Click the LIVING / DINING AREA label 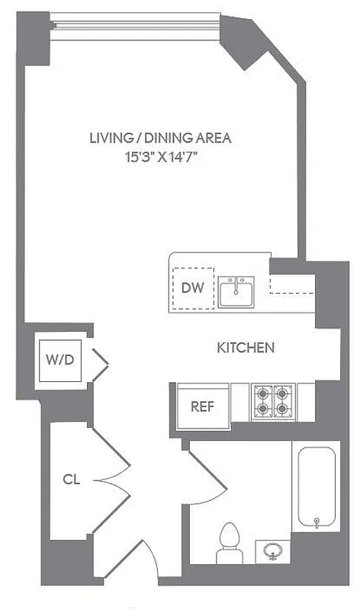(x=160, y=139)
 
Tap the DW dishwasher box (x=193, y=289)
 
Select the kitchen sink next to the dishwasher (x=237, y=290)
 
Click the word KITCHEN (x=246, y=348)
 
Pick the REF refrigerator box (x=202, y=406)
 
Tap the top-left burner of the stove (x=265, y=395)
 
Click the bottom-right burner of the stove (x=284, y=411)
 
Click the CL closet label (x=72, y=480)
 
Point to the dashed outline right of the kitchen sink (x=291, y=283)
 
